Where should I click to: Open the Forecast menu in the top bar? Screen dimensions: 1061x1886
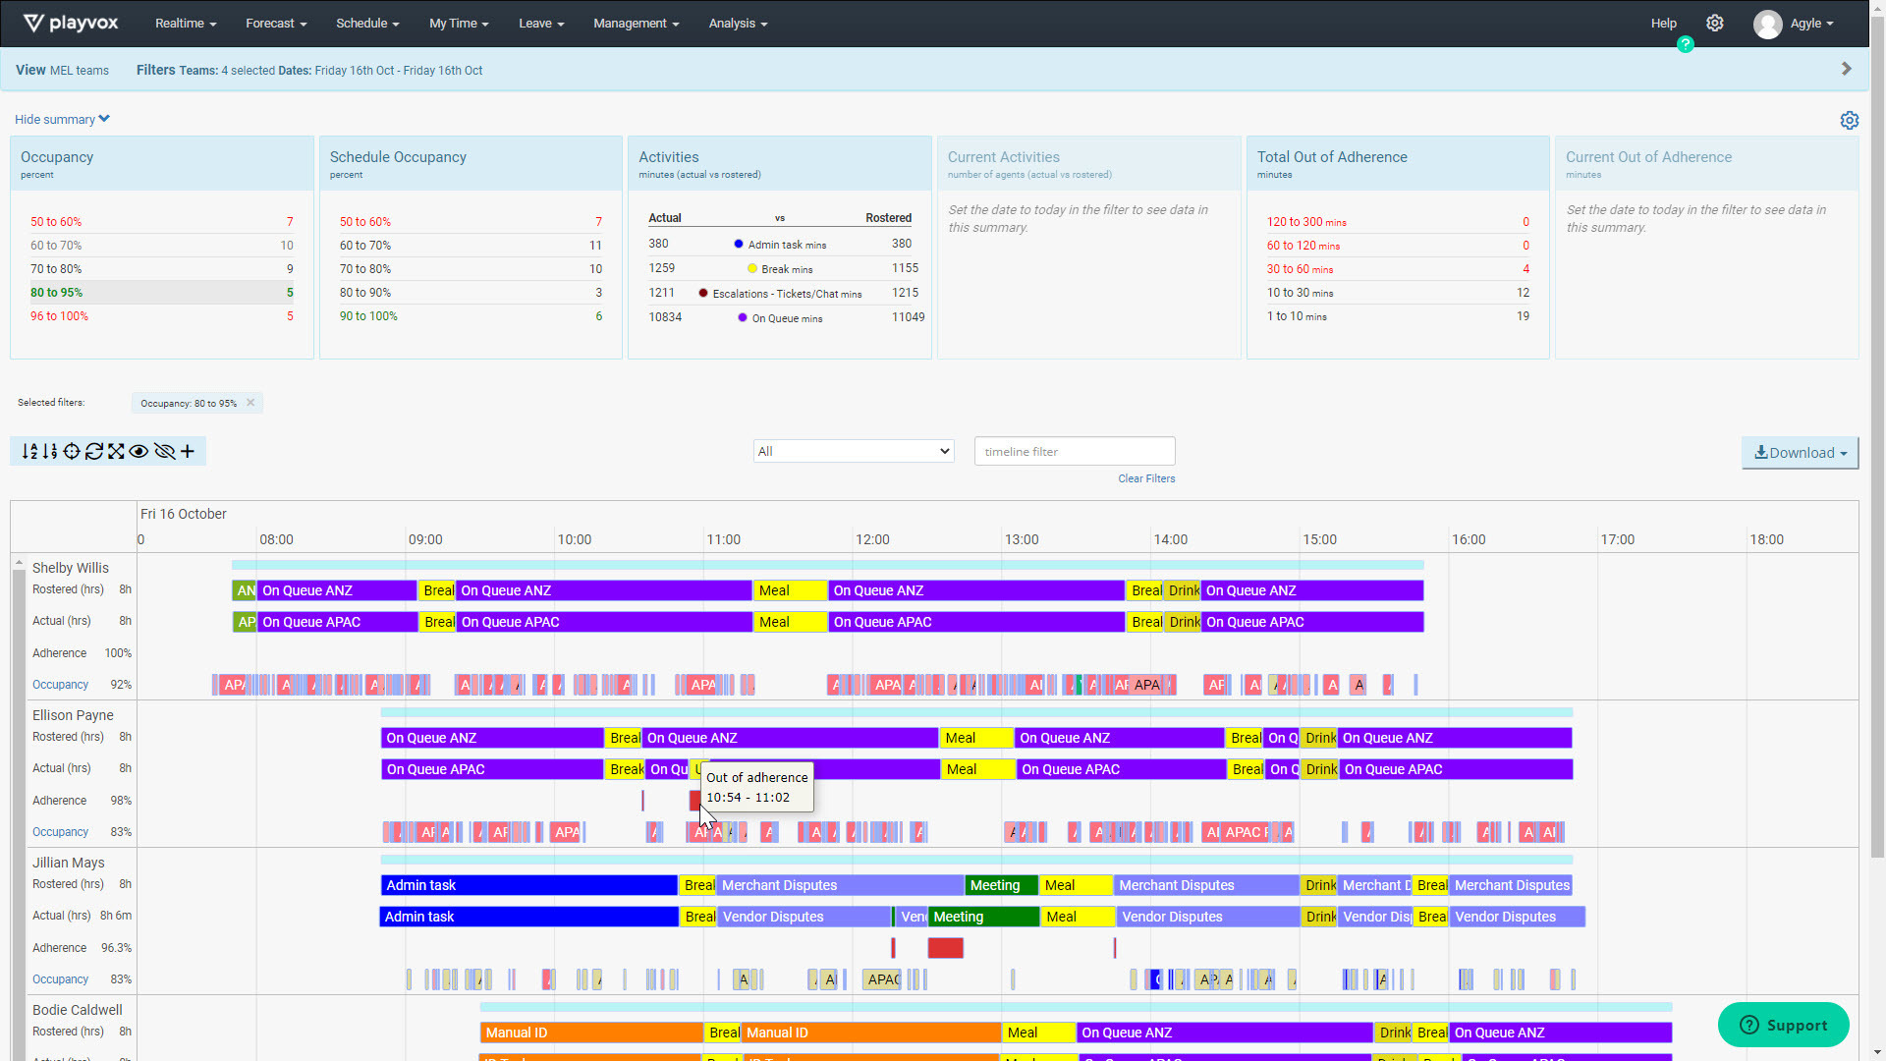coord(276,24)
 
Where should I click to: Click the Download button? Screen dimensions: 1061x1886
coord(1800,453)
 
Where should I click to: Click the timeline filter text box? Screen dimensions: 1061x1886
coord(1074,452)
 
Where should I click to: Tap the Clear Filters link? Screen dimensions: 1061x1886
coord(1145,479)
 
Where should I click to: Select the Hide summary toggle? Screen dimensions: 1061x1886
coord(62,120)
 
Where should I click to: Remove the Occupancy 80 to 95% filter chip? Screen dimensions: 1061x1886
coord(250,403)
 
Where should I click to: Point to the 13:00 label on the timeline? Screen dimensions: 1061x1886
coord(1022,539)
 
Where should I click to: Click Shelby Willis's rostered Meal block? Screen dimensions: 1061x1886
coord(790,590)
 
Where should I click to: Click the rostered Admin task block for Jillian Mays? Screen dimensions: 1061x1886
coord(528,885)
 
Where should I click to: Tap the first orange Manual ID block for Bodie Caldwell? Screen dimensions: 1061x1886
coord(591,1033)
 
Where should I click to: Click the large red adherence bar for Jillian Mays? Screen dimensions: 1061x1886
coord(945,948)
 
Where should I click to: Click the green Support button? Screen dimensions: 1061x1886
coord(1783,1026)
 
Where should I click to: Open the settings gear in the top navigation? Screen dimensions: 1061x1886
coord(1714,24)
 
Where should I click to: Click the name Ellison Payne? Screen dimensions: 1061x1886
coord(73,715)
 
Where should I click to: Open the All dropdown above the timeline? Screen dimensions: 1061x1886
coord(854,452)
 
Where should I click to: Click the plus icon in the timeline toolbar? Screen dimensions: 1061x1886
coord(188,452)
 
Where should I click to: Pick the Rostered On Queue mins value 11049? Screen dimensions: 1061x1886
coord(908,317)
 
